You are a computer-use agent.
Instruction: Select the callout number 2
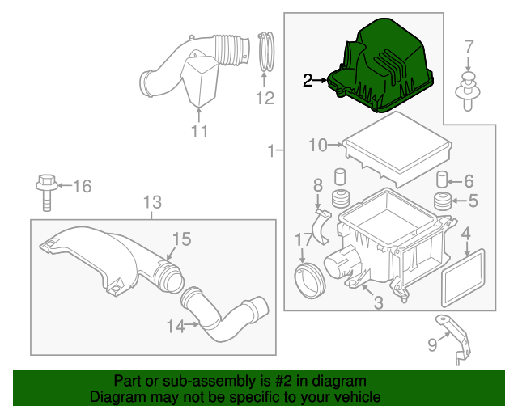point(308,80)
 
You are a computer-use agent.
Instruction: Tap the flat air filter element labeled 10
point(397,150)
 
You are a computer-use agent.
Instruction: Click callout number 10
point(317,146)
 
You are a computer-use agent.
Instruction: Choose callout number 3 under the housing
point(378,302)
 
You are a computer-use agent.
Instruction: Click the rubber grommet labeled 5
point(443,201)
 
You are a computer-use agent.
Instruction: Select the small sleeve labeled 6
point(443,179)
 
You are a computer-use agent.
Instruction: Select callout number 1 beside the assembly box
point(270,150)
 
